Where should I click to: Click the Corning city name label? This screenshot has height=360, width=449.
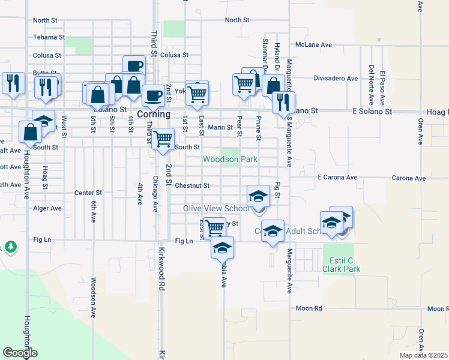[x=154, y=114]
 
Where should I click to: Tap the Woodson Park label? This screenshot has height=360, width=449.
[x=230, y=159]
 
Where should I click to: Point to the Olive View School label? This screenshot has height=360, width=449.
[x=216, y=208]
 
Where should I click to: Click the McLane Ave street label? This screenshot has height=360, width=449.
[x=314, y=44]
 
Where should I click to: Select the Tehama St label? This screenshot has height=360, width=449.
[x=49, y=37]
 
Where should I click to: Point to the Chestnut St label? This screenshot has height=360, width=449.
[x=192, y=186]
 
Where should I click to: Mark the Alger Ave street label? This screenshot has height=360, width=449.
[x=47, y=208]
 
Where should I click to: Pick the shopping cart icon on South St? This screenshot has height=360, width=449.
[x=163, y=139]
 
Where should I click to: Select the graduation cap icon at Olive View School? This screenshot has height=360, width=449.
[x=258, y=195]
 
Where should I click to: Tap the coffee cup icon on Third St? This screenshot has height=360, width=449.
[x=153, y=95]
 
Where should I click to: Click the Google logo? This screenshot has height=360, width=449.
[x=20, y=353]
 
